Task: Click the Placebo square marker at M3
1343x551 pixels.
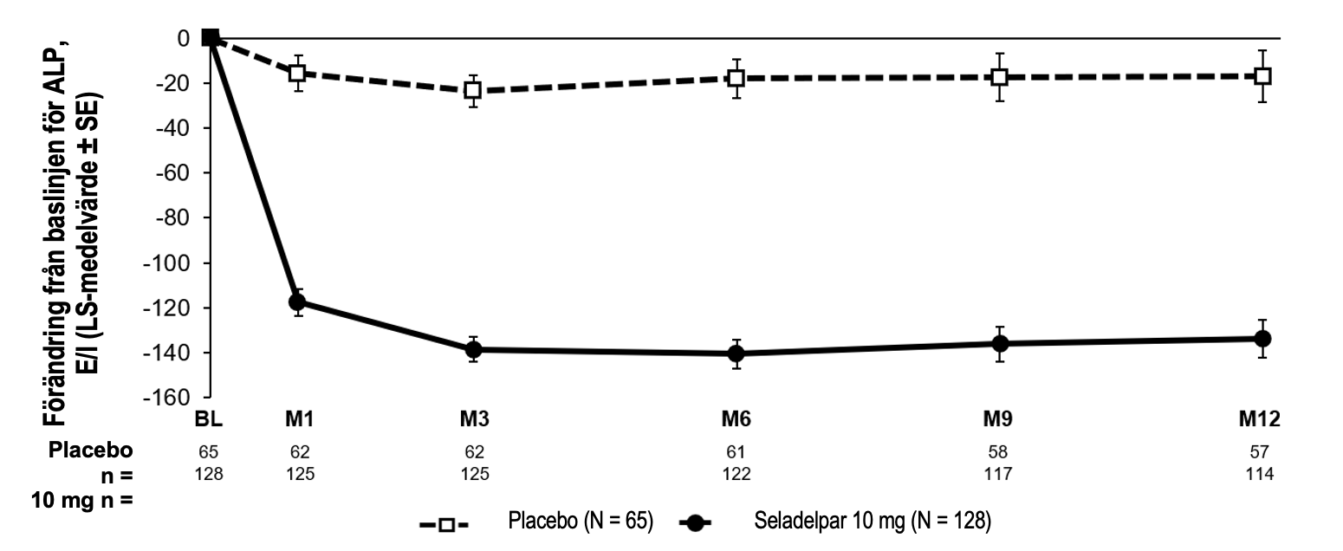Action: [473, 89]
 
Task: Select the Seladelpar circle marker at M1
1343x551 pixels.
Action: [297, 301]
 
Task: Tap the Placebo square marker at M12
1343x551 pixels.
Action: [1262, 75]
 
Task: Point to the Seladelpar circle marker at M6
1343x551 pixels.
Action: [736, 353]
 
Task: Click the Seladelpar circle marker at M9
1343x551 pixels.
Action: [1000, 343]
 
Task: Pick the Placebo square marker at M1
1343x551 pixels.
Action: [297, 74]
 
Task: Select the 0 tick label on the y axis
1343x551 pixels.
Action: [184, 38]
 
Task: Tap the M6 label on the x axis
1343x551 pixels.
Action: [736, 420]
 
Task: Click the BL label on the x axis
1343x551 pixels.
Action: [209, 420]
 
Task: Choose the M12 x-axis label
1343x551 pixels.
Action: [1261, 420]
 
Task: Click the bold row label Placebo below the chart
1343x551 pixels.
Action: [91, 451]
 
